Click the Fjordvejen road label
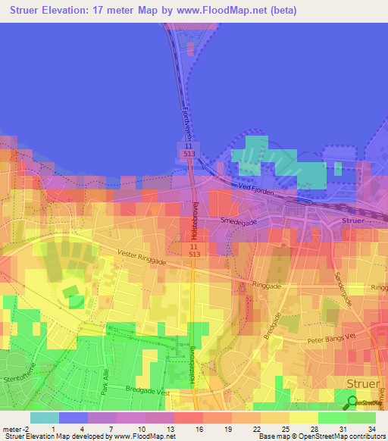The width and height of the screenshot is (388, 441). click(x=186, y=120)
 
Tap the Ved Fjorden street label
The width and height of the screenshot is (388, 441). click(x=255, y=187)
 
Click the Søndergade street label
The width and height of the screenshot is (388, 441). click(x=343, y=286)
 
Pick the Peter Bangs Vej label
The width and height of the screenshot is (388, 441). click(x=330, y=340)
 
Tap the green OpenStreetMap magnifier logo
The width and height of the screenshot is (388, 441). click(x=352, y=402)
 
